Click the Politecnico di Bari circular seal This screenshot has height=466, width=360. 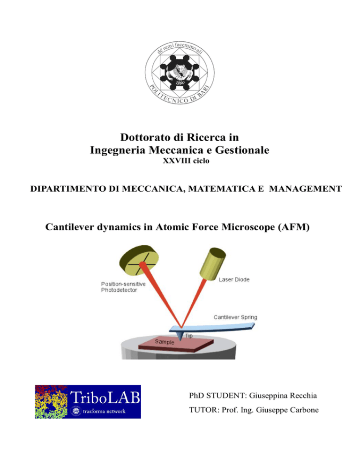point(180,73)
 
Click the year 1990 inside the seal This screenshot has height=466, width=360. point(180,83)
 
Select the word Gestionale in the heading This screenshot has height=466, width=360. point(242,150)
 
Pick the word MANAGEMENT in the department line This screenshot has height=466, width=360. point(305,189)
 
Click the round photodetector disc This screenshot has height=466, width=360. point(139,260)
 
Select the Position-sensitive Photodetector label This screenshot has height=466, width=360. point(123,287)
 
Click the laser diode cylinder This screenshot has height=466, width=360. point(212,263)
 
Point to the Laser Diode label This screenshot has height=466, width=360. point(234,279)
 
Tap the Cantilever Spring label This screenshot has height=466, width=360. point(235,317)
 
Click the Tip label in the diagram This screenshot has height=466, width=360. point(189,336)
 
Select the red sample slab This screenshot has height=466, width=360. point(176,345)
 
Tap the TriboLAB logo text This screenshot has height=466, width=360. point(105,398)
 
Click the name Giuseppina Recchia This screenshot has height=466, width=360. point(283,396)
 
